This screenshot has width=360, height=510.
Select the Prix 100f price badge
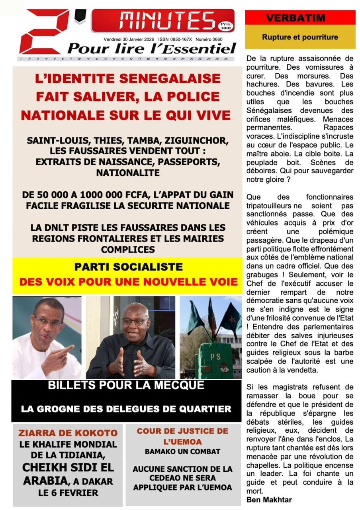[x=225, y=26]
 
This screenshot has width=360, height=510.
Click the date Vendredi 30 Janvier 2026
[x=129, y=39]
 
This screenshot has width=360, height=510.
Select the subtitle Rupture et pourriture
[x=300, y=37]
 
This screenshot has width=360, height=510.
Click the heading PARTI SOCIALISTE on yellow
[x=129, y=267]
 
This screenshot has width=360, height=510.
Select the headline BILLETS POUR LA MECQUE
[x=126, y=386]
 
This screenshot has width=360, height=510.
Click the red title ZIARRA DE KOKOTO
[x=68, y=433]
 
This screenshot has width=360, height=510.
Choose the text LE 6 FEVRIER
[x=68, y=492]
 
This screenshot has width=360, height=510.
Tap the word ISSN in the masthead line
[x=164, y=39]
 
